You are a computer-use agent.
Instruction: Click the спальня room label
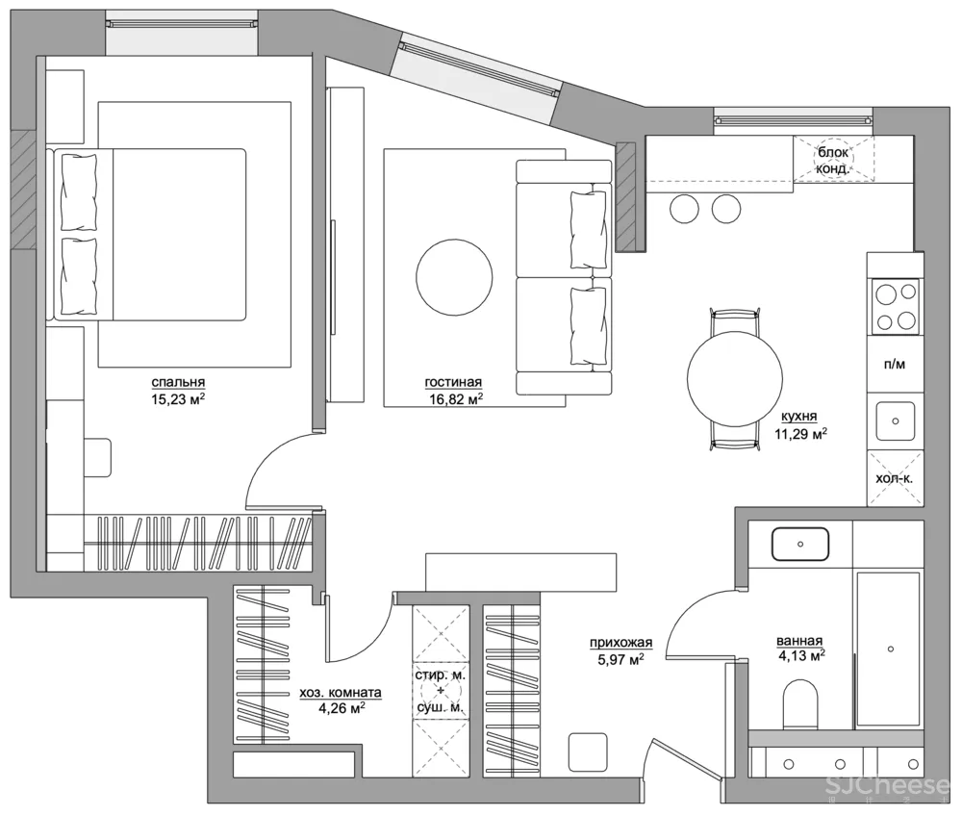178,382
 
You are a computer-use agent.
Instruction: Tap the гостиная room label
453,382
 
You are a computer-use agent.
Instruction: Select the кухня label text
798,416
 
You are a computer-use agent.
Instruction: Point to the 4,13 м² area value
801,656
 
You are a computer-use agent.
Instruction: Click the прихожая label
620,643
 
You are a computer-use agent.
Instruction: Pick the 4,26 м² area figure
342,708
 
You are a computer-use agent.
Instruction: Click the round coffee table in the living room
454,277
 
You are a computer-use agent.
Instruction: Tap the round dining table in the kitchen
735,379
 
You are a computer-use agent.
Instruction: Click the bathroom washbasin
800,545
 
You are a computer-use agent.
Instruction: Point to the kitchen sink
895,421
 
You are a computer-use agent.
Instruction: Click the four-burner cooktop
896,306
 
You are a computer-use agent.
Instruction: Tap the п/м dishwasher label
895,365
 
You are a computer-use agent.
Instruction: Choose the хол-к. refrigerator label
894,478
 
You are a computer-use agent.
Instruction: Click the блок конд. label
833,160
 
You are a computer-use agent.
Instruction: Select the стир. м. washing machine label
441,675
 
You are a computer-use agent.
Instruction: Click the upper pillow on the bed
79,191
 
